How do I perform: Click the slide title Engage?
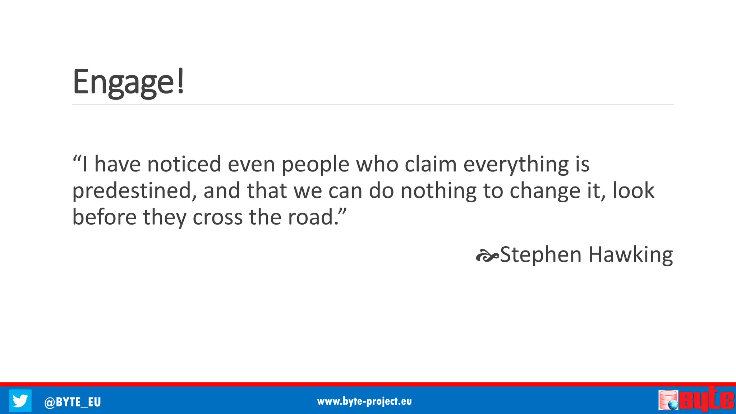[x=128, y=82]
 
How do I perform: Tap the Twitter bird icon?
[x=20, y=400]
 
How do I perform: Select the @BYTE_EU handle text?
[x=72, y=402]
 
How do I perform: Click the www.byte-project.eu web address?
[x=364, y=401]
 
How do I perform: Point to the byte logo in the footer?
[x=696, y=399]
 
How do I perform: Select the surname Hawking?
[x=631, y=255]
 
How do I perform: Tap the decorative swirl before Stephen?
[x=487, y=256]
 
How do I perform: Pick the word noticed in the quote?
[x=184, y=164]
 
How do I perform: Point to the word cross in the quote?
[x=218, y=218]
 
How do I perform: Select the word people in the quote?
[x=315, y=165]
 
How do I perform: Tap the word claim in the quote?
[x=431, y=164]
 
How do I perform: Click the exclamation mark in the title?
[x=180, y=82]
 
